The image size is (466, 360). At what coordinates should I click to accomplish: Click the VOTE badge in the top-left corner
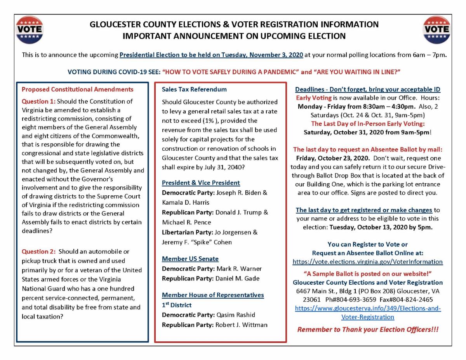click(29, 30)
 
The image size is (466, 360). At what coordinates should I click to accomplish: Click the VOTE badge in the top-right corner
click(437, 30)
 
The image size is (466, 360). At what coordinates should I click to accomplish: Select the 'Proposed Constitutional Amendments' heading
click(77, 89)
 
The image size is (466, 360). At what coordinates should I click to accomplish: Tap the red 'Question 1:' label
click(38, 101)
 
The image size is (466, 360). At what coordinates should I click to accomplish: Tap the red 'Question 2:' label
click(38, 251)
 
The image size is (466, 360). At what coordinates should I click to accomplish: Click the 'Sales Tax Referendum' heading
click(194, 89)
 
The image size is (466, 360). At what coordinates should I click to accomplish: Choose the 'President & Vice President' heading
click(201, 183)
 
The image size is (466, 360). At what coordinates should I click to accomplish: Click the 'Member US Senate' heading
click(190, 259)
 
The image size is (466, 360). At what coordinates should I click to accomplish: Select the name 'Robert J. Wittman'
click(241, 325)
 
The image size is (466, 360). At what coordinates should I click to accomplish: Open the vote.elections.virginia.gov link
click(367, 262)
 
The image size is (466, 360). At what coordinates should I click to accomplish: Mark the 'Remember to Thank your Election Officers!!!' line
click(368, 329)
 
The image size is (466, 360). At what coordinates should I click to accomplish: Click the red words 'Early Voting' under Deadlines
click(314, 97)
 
